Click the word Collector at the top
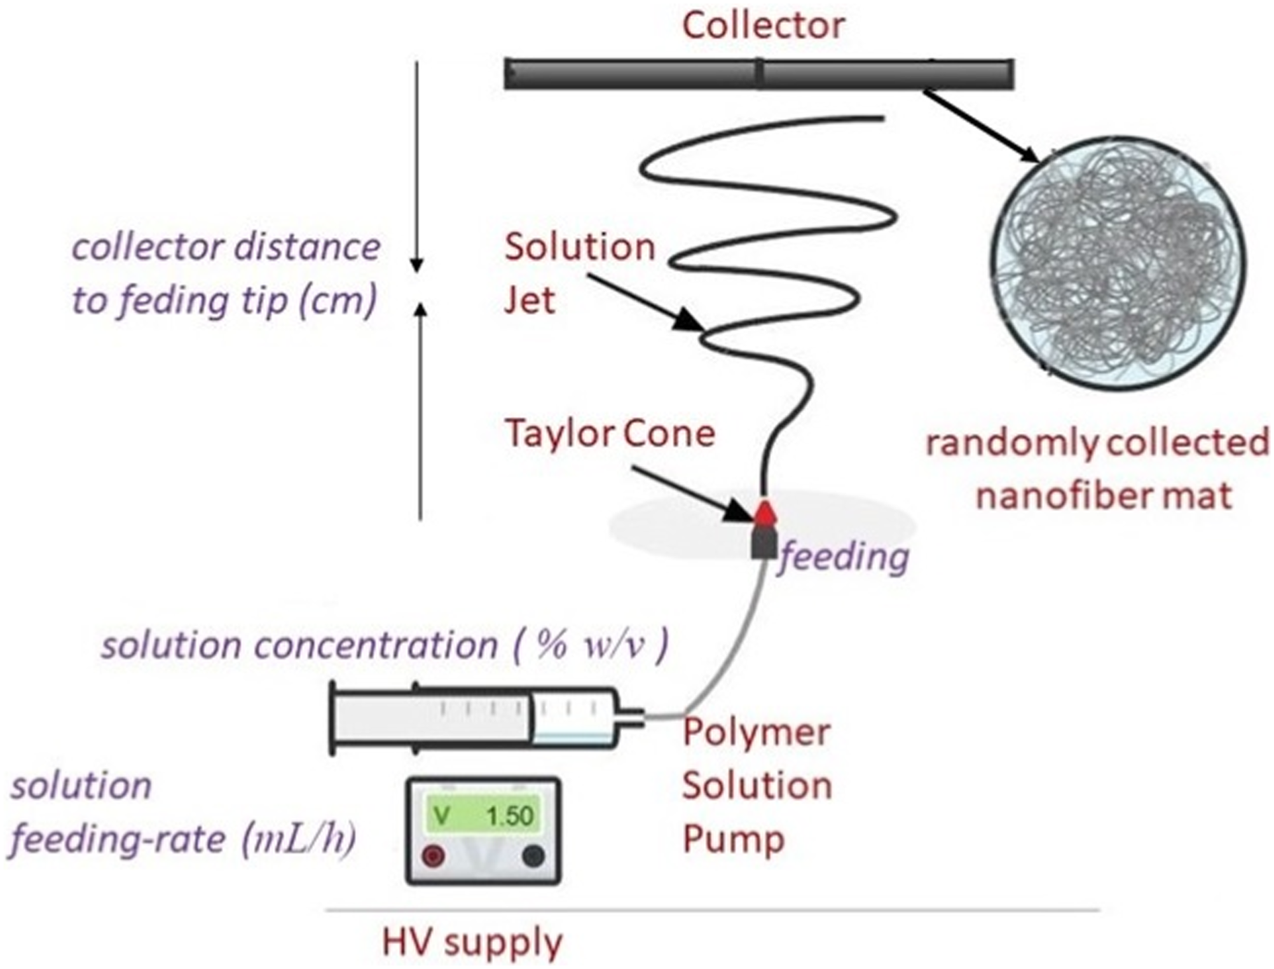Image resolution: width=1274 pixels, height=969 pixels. [x=764, y=26]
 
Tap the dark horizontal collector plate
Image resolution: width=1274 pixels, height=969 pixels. [x=759, y=74]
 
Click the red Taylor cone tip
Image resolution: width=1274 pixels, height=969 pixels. [x=764, y=512]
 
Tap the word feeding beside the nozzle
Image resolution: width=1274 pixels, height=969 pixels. [x=844, y=558]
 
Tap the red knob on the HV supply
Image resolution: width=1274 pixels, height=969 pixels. [x=434, y=856]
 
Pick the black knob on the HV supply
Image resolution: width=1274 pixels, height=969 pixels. [x=533, y=856]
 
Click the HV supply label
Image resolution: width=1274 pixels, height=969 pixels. [x=472, y=943]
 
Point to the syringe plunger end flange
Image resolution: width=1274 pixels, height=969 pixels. [x=332, y=718]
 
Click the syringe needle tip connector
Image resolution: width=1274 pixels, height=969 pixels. [x=633, y=718]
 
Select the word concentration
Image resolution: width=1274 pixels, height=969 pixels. [x=376, y=646]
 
